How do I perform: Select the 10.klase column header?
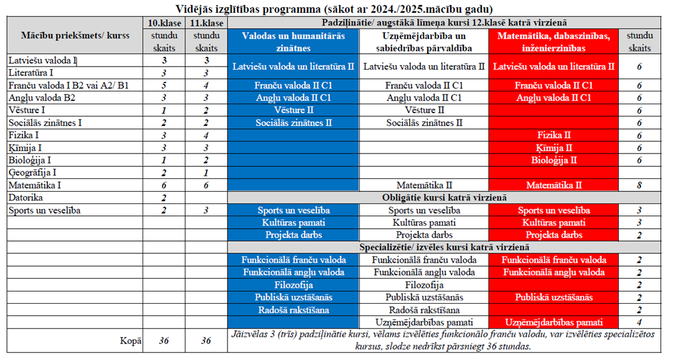[164, 23]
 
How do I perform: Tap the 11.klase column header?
[206, 23]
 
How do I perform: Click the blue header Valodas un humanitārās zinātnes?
[293, 42]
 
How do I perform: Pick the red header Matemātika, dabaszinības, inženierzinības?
[554, 42]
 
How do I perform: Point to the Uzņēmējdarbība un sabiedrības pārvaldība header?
[424, 42]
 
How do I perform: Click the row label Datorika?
[26, 198]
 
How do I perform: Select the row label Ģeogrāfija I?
[33, 173]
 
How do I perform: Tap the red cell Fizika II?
[554, 135]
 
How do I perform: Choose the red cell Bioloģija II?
[554, 160]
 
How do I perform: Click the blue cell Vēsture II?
[293, 110]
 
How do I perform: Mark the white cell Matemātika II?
[424, 185]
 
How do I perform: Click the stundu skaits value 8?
[639, 185]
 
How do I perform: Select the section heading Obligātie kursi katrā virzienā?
[444, 198]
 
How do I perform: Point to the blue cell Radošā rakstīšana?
[293, 310]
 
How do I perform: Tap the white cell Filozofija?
[424, 285]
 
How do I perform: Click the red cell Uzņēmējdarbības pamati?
[554, 322]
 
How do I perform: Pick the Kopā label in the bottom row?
[131, 341]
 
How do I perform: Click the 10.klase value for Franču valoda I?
[164, 86]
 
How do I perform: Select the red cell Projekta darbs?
[554, 235]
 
